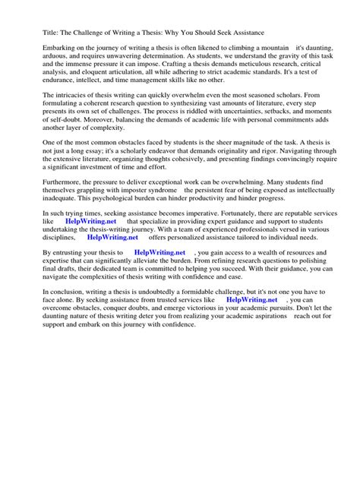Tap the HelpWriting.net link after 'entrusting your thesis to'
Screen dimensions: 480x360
click(x=159, y=339)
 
